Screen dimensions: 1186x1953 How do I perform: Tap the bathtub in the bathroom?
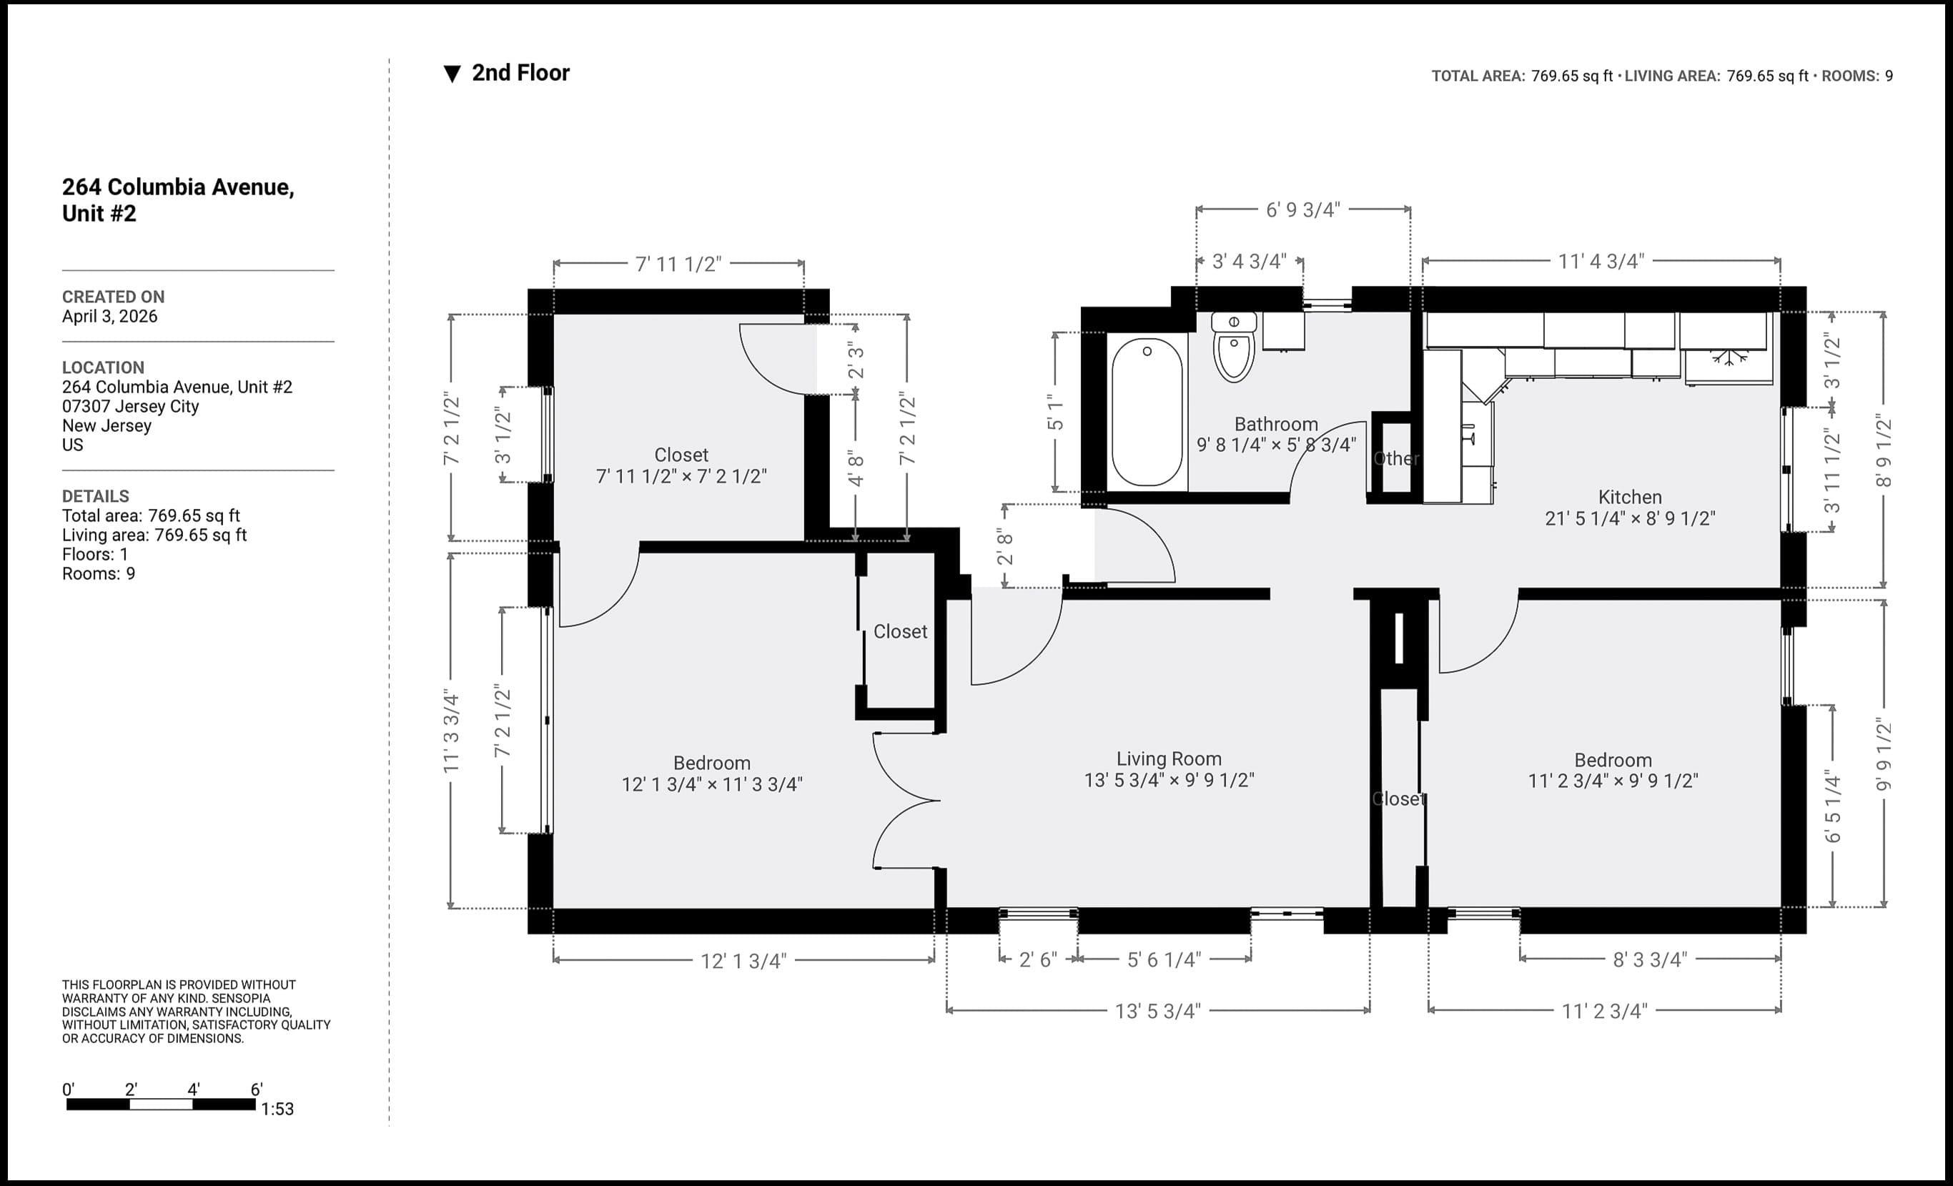1147,412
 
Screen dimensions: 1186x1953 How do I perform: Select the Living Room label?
1168,759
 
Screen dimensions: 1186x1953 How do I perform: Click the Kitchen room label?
1630,498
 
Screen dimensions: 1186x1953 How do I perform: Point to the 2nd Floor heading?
520,73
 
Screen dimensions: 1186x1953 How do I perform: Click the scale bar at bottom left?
161,1105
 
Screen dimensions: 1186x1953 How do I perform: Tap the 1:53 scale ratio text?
277,1109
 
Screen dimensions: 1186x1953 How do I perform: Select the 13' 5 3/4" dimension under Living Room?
1157,1011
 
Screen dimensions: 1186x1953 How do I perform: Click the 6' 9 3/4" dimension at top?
1302,210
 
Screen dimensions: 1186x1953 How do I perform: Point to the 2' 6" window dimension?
1037,960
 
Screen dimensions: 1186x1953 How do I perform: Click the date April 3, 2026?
109,316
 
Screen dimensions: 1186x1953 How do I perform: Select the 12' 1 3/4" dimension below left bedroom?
743,961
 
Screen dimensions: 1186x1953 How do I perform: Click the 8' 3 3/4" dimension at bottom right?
1649,960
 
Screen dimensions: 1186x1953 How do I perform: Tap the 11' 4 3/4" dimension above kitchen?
1601,262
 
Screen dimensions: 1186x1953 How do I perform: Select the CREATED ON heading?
114,297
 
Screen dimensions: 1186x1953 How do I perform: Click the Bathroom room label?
1275,424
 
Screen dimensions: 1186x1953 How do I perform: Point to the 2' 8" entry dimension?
1005,547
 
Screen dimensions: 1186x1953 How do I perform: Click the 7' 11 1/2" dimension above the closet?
678,264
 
